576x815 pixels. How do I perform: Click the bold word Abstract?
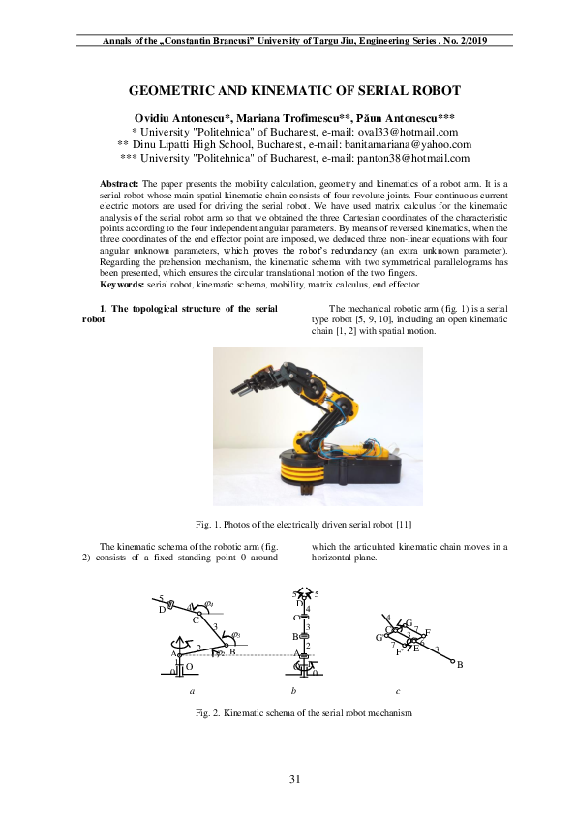(x=120, y=183)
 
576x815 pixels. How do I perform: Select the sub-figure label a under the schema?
(x=192, y=691)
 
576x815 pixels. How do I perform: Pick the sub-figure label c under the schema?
(x=398, y=691)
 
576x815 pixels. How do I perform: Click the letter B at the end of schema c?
(x=460, y=665)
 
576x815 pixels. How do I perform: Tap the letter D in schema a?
(x=162, y=610)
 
